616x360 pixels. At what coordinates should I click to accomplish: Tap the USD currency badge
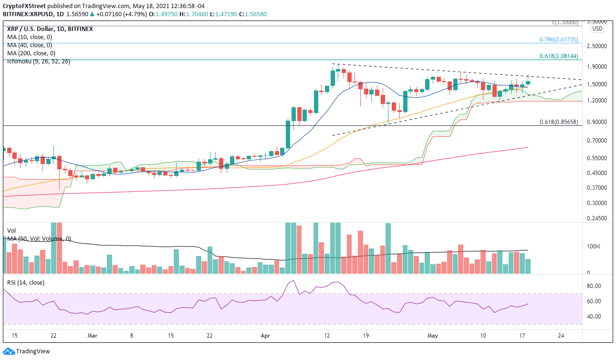pyautogui.click(x=597, y=29)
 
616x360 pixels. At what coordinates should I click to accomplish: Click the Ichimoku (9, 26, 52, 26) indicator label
pyautogui.click(x=38, y=62)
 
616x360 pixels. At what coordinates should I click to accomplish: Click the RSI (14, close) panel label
pyautogui.click(x=25, y=283)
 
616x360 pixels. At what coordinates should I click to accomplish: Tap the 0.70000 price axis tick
pyautogui.click(x=597, y=141)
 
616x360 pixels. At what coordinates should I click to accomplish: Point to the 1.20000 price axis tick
pyautogui.click(x=597, y=101)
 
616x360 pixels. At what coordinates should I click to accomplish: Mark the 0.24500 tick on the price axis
pyautogui.click(x=597, y=218)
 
